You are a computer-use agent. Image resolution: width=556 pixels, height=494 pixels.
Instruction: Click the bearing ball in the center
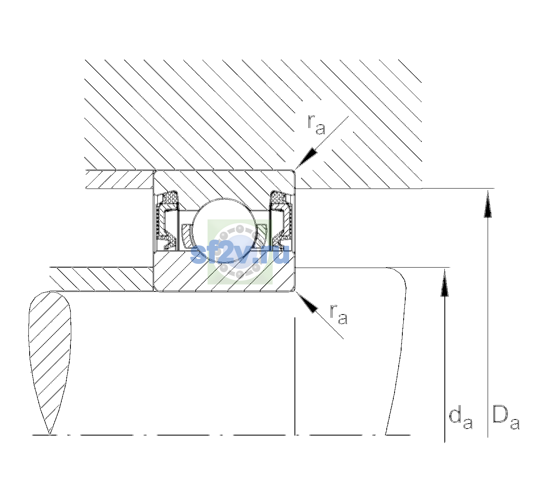point(224,231)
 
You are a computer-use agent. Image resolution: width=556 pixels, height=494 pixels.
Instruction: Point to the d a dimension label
point(461,419)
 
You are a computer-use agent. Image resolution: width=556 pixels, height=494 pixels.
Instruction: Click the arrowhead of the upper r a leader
point(306,158)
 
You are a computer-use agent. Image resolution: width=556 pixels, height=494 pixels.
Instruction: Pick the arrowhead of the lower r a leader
point(306,303)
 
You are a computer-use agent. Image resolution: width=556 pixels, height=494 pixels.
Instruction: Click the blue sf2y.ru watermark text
point(240,254)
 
